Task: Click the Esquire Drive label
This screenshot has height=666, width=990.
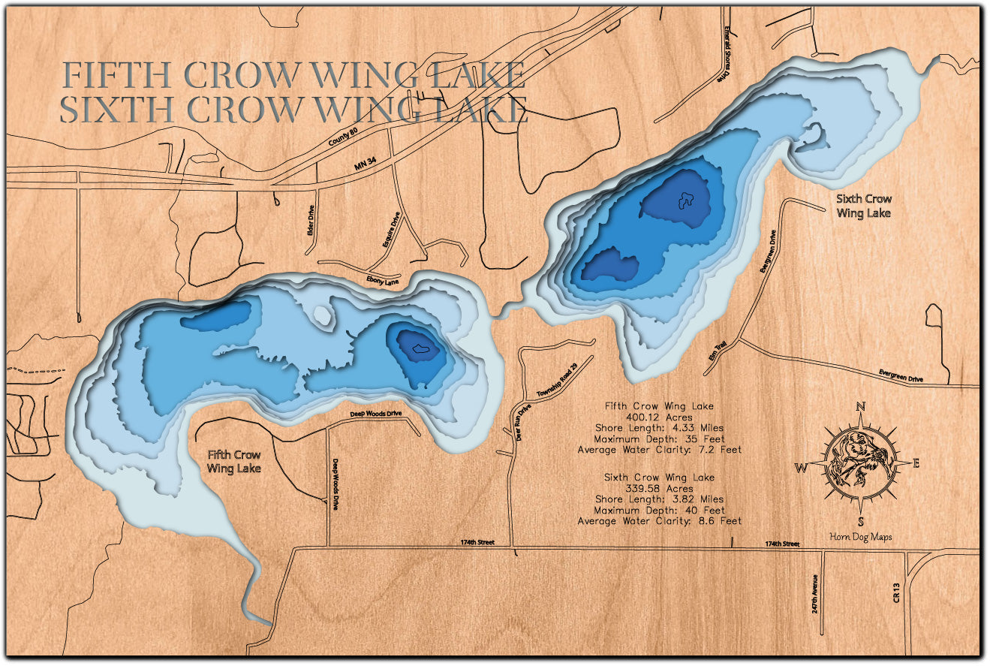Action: [x=393, y=231]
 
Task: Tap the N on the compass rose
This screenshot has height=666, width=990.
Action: [x=861, y=408]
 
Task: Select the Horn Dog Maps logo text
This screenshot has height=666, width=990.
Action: [x=860, y=536]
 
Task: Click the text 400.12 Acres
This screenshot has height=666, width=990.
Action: [x=659, y=417]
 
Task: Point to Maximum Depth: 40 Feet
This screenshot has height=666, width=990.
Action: [x=659, y=510]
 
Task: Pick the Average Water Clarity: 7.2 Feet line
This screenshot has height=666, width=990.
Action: [x=659, y=450]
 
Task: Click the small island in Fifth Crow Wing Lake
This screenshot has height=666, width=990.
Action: [x=322, y=316]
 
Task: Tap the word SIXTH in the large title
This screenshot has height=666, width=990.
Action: [x=117, y=110]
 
